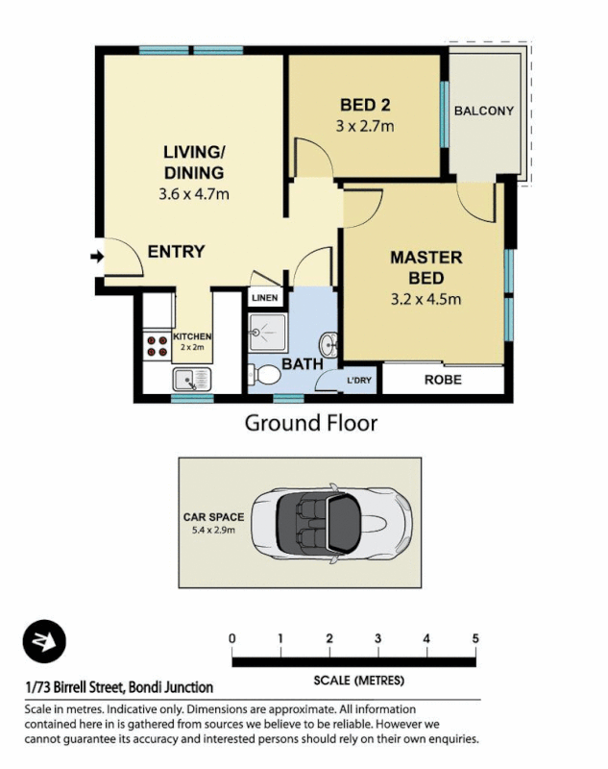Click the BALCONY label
coord(484,111)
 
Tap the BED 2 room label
coord(364,105)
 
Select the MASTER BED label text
coord(426,267)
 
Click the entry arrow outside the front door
coord(95,256)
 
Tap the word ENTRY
coord(176,252)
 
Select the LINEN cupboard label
coord(265,298)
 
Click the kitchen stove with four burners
coord(155,344)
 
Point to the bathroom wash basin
coord(328,343)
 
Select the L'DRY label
coord(361,382)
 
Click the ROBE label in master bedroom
coord(443,380)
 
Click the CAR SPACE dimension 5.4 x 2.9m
coord(213,530)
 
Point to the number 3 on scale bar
coord(378,639)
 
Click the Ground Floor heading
coord(310,422)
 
